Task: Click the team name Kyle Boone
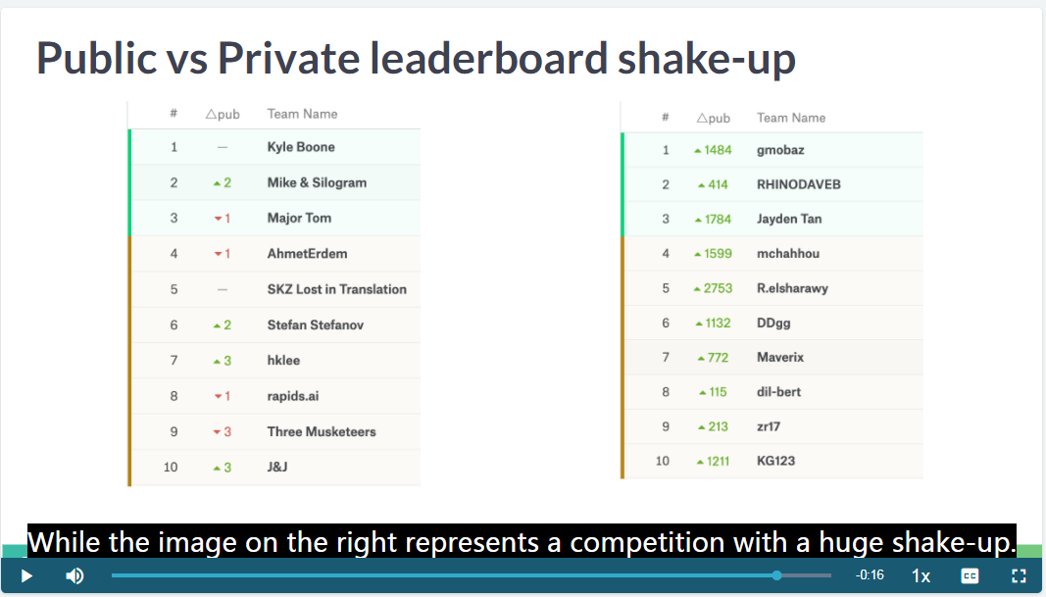pos(301,147)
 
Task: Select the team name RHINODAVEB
pos(799,184)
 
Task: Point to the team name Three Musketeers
pos(322,431)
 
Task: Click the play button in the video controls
pos(26,575)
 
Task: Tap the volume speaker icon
pos(75,575)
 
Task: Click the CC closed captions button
pos(970,575)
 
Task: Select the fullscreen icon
pos(1019,575)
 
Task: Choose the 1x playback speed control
pos(921,575)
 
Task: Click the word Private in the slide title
pos(290,58)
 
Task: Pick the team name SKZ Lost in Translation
pos(337,289)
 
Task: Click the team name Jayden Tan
pos(789,219)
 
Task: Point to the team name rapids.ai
pos(293,396)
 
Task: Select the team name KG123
pos(775,461)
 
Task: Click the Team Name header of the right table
pos(791,118)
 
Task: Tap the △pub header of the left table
pos(223,114)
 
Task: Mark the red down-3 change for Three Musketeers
pos(223,431)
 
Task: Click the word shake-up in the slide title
pos(707,58)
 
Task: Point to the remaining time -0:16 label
pos(870,575)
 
